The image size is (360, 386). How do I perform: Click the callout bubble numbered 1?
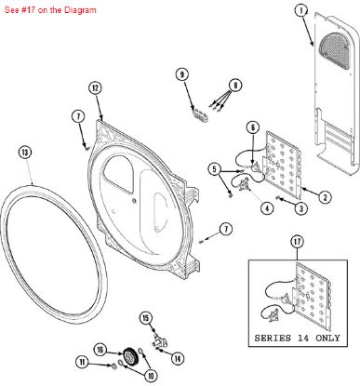(300, 11)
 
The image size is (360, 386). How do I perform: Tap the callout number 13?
(25, 152)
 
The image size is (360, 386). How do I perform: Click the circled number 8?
(235, 85)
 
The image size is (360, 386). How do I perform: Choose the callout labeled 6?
(251, 126)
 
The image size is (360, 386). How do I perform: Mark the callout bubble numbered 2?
(326, 196)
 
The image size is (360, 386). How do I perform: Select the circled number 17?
(297, 242)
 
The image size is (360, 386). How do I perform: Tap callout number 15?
(145, 318)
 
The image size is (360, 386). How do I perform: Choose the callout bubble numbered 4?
(266, 208)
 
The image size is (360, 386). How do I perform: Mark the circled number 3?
(301, 209)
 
